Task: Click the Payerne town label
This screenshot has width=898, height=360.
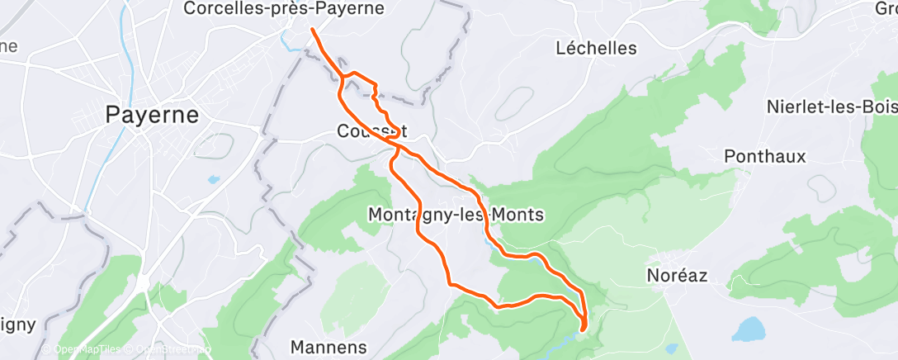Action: click(152, 115)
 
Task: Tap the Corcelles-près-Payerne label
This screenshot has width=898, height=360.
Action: click(284, 9)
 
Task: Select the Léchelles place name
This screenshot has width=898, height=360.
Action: click(596, 48)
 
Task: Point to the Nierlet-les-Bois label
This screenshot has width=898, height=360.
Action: click(830, 107)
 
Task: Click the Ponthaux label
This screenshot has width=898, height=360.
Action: click(764, 156)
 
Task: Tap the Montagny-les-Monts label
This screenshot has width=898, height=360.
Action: click(455, 215)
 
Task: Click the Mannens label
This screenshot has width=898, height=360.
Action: click(329, 346)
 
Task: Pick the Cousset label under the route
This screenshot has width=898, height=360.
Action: click(371, 130)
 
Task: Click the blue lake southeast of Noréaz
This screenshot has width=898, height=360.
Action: click(749, 329)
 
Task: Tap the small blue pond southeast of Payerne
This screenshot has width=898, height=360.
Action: click(214, 179)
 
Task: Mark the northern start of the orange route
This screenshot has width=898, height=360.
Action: click(313, 31)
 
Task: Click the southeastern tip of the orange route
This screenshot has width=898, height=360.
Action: click(584, 329)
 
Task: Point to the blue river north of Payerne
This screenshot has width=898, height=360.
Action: click(124, 50)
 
